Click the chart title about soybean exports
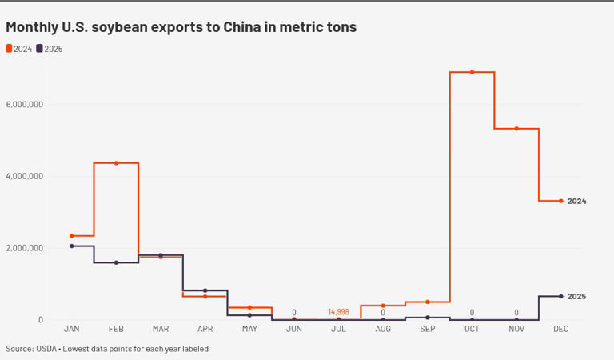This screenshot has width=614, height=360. pyautogui.click(x=181, y=27)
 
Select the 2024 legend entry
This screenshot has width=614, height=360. pyautogui.click(x=19, y=49)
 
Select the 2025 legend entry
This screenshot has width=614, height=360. pyautogui.click(x=50, y=49)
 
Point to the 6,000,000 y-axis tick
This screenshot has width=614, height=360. pyautogui.click(x=24, y=104)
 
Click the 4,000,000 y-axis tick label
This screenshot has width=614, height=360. pyautogui.click(x=24, y=176)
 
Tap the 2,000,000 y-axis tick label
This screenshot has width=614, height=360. pyautogui.click(x=24, y=248)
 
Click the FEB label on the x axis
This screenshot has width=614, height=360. pyautogui.click(x=116, y=329)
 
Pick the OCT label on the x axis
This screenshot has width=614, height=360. pyautogui.click(x=472, y=329)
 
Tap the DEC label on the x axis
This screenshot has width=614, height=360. pyautogui.click(x=560, y=329)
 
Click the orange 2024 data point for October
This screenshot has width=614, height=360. pyautogui.click(x=472, y=72)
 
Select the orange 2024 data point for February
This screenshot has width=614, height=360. pyautogui.click(x=116, y=163)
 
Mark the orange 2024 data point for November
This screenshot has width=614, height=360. pyautogui.click(x=516, y=129)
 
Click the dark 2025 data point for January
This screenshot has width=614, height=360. pyautogui.click(x=72, y=246)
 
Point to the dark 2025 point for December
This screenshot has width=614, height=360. pyautogui.click(x=560, y=297)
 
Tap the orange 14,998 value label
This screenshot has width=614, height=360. pyautogui.click(x=338, y=312)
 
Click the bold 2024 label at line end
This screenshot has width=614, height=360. pyautogui.click(x=576, y=202)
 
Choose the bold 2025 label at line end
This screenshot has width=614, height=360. pyautogui.click(x=576, y=297)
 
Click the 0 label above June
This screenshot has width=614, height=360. pyautogui.click(x=294, y=312)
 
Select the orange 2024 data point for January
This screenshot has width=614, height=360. pyautogui.click(x=72, y=236)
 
